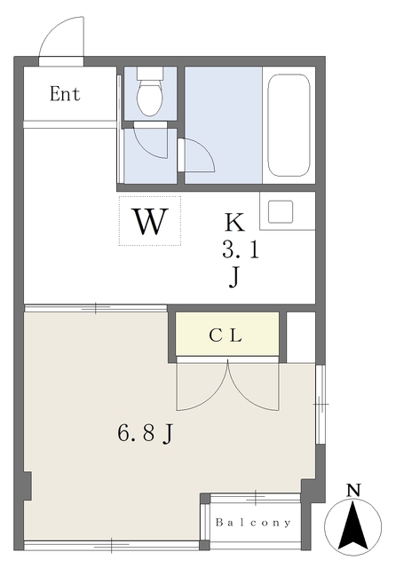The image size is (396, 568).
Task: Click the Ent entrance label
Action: point(65,93)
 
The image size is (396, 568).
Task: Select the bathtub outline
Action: point(289,125)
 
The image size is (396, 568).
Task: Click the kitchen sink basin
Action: point(281,211)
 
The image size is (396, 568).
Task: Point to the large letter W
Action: point(152,221)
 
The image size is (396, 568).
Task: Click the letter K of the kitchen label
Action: point(234,223)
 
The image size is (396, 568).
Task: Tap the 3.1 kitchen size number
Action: point(241,250)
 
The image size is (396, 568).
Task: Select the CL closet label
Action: point(226,335)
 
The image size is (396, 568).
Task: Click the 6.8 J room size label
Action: point(146,433)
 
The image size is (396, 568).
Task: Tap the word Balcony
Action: point(253,523)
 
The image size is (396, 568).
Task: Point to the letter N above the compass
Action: point(353,490)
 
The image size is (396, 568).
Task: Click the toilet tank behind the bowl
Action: point(150,73)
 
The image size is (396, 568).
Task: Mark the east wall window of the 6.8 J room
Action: point(321,404)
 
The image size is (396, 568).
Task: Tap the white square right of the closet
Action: point(301,337)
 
